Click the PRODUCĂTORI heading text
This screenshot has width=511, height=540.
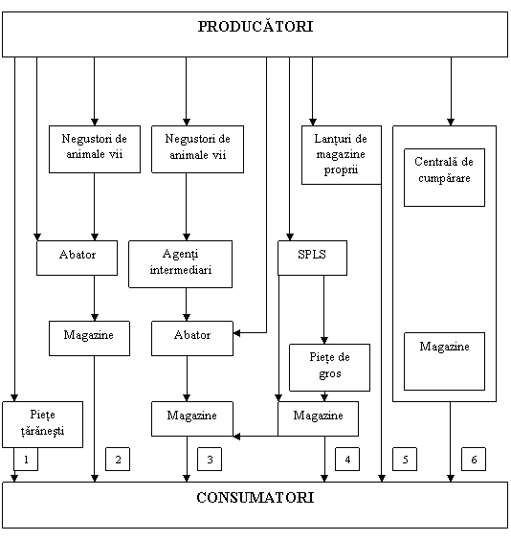pyautogui.click(x=255, y=27)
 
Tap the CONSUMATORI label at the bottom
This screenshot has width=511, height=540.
pyautogui.click(x=255, y=498)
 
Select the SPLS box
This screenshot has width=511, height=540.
pyautogui.click(x=313, y=258)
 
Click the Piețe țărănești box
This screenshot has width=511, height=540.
pyautogui.click(x=43, y=424)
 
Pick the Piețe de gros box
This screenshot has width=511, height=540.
pyautogui.click(x=329, y=368)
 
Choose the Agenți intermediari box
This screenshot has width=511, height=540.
pyautogui.click(x=180, y=264)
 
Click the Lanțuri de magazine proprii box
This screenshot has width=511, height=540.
pyautogui.click(x=342, y=155)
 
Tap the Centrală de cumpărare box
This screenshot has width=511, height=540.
pyautogui.click(x=444, y=177)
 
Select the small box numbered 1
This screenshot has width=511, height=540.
pyautogui.click(x=26, y=459)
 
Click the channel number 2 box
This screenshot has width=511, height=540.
pyautogui.click(x=118, y=459)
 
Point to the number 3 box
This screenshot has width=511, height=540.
pyautogui.click(x=210, y=459)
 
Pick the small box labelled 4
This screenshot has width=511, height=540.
pyautogui.click(x=347, y=459)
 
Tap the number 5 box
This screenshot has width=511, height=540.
pyautogui.click(x=405, y=459)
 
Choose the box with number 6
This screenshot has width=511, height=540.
pyautogui.click(x=474, y=459)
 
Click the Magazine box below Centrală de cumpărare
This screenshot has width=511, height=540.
pyautogui.click(x=444, y=361)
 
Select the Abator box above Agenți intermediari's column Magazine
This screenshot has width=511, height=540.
pyautogui.click(x=192, y=338)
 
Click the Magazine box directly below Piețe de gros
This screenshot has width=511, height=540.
pyautogui.click(x=318, y=418)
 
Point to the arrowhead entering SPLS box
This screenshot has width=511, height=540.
pyautogui.click(x=289, y=236)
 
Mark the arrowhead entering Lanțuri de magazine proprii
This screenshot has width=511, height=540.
pyautogui.click(x=313, y=122)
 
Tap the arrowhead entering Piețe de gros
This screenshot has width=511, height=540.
pyautogui.click(x=324, y=340)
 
